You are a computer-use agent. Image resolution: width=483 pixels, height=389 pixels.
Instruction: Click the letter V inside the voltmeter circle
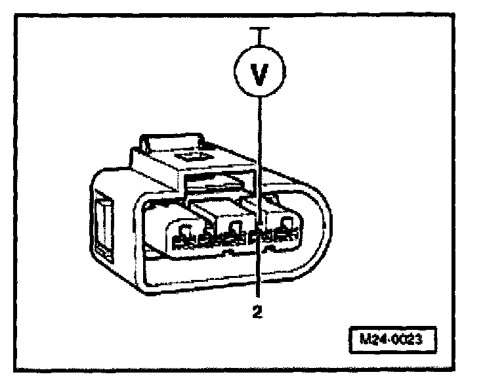click(x=261, y=73)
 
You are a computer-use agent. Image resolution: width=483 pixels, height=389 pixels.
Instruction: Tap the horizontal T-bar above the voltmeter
click(x=261, y=28)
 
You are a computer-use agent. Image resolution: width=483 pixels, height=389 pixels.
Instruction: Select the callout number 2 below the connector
click(x=259, y=313)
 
